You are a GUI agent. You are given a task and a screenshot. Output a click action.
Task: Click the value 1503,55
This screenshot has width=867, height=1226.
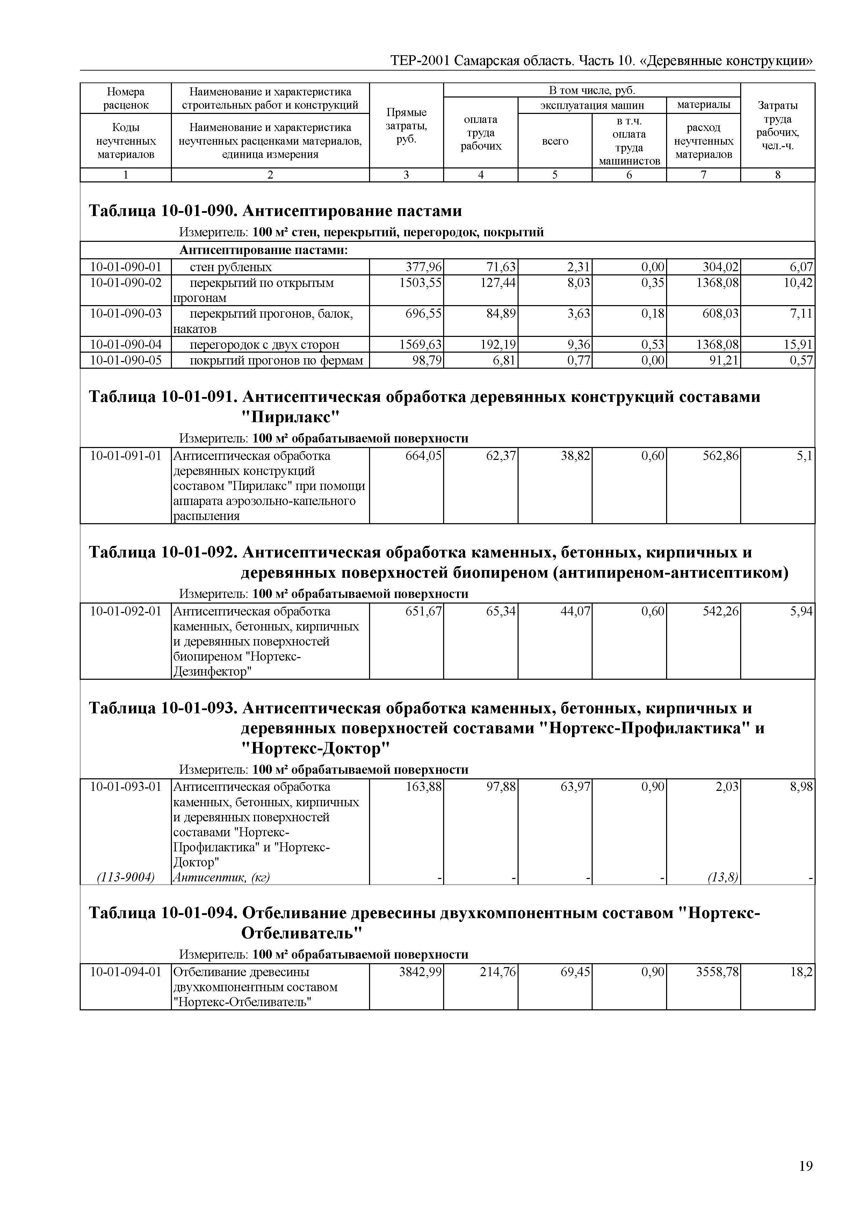pyautogui.click(x=421, y=283)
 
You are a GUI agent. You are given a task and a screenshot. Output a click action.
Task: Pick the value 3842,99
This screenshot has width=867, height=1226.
pyautogui.click(x=421, y=972)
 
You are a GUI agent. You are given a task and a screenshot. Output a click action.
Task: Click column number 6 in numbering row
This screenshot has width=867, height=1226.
pyautogui.click(x=629, y=175)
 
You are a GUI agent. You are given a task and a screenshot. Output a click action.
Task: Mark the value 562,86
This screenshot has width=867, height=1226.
pyautogui.click(x=721, y=456)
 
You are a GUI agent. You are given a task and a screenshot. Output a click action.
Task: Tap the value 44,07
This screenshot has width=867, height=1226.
pyautogui.click(x=576, y=611)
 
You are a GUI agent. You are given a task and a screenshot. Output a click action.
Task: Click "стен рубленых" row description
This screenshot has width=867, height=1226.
pyautogui.click(x=231, y=267)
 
